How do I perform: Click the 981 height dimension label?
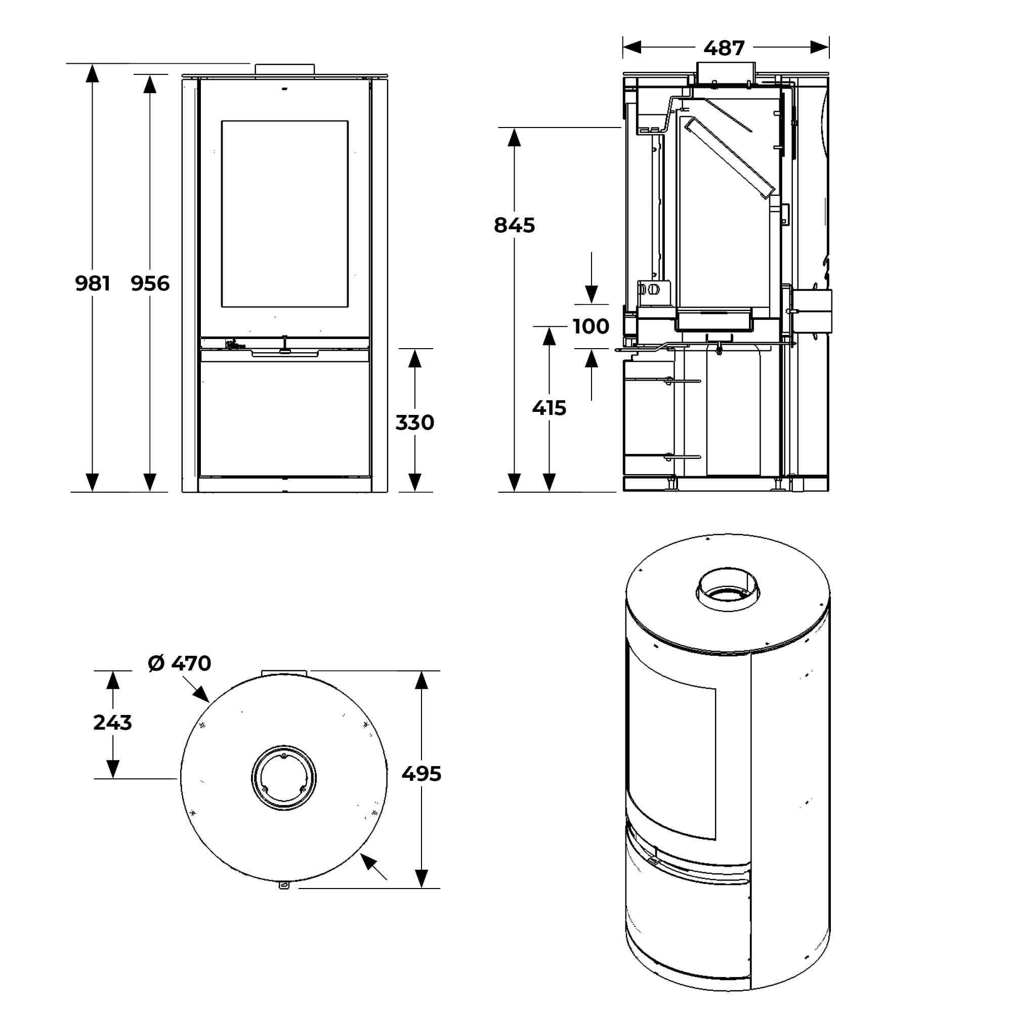pyautogui.click(x=93, y=283)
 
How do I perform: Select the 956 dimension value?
pyautogui.click(x=150, y=283)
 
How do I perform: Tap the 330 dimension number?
pyautogui.click(x=415, y=423)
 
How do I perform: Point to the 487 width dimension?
pyautogui.click(x=724, y=48)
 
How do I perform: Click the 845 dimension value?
pyautogui.click(x=515, y=225)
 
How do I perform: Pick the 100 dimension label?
pyautogui.click(x=591, y=326)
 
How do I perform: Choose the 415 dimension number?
pyautogui.click(x=549, y=408)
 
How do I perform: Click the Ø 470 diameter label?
pyautogui.click(x=180, y=663)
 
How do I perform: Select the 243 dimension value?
pyautogui.click(x=113, y=723)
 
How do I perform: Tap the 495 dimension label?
pyautogui.click(x=421, y=774)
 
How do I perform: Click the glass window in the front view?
pyautogui.click(x=285, y=214)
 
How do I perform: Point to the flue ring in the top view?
pyautogui.click(x=284, y=778)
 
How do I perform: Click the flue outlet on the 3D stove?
pyautogui.click(x=727, y=589)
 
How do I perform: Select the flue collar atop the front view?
pyautogui.click(x=285, y=70)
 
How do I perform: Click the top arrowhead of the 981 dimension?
pyautogui.click(x=92, y=73)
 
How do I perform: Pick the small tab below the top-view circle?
pyautogui.click(x=283, y=886)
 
